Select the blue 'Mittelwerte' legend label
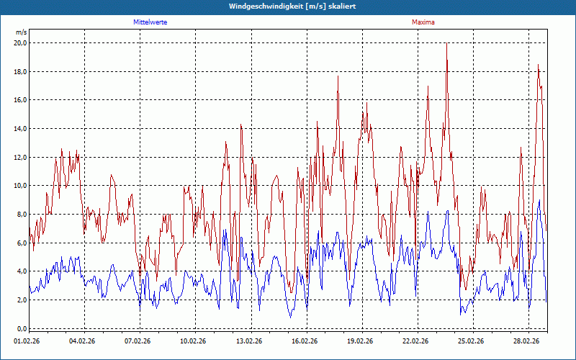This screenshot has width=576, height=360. (x=150, y=22)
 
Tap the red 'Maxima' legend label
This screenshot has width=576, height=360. (x=423, y=22)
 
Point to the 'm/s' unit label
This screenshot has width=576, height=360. (x=21, y=32)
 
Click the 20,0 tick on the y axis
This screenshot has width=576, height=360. (x=20, y=42)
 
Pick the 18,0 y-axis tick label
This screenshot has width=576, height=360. (x=20, y=71)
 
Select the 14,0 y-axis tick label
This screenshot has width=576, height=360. (x=20, y=128)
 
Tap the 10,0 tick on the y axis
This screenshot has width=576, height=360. (x=20, y=185)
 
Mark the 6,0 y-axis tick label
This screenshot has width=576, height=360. (x=21, y=243)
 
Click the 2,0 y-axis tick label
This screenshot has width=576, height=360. (x=21, y=300)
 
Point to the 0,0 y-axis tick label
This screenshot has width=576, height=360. (x=21, y=328)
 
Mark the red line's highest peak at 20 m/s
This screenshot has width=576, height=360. (x=446, y=43)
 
